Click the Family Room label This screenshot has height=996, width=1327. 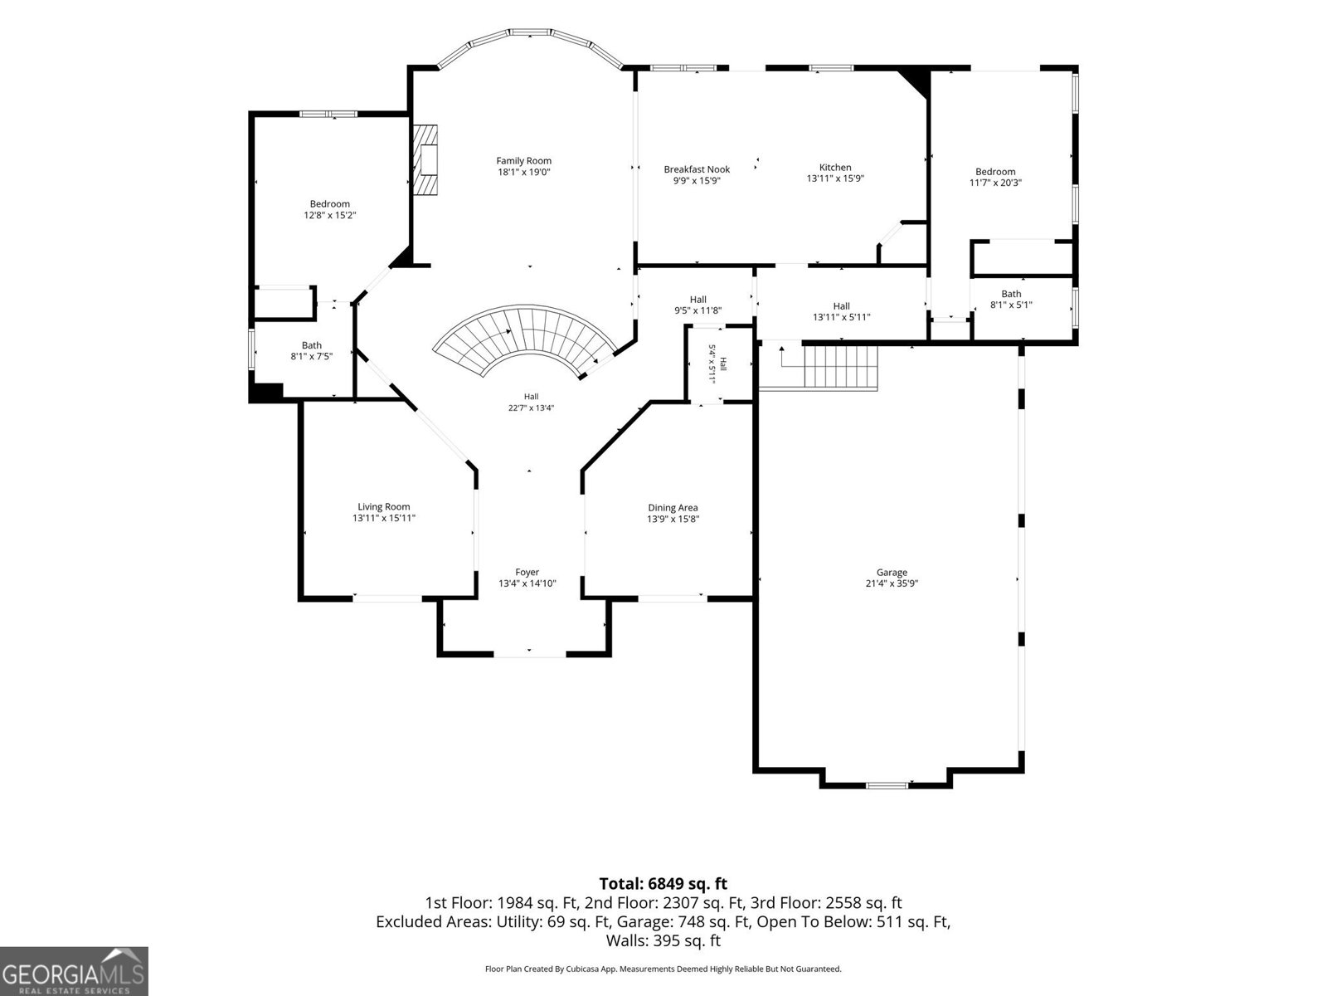[x=523, y=161]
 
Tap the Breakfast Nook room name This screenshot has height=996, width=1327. [x=697, y=169]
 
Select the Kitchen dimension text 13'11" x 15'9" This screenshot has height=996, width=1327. [x=835, y=178]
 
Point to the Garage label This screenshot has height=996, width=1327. [x=892, y=572]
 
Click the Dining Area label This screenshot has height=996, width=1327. [x=673, y=508]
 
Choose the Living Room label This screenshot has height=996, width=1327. [x=383, y=507]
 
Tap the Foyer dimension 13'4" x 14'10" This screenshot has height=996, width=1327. [x=527, y=583]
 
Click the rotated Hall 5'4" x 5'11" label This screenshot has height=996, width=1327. [x=717, y=364]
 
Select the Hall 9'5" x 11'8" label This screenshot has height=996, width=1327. [x=698, y=305]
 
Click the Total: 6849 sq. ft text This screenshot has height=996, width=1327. [x=663, y=884]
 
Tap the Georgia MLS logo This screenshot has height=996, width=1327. [x=74, y=971]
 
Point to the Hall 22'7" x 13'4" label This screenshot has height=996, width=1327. [x=531, y=403]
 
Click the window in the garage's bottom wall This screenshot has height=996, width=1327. [x=887, y=785]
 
